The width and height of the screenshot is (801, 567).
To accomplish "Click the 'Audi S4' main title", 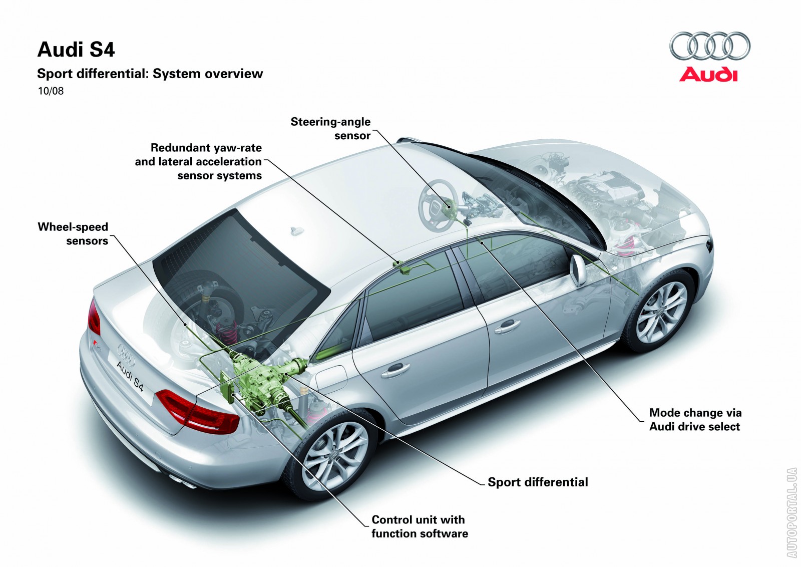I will pos(76,50).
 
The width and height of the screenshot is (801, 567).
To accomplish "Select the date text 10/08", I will pos(51,91).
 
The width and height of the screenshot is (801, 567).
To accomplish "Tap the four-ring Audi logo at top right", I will pos(709,46).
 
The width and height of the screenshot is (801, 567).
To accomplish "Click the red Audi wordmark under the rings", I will pos(708,75).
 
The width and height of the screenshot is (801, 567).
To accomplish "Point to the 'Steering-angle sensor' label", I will pos(331,129).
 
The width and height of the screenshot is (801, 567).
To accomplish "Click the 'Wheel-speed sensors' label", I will pos(73,234).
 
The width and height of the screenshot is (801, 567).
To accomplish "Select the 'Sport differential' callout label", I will pos(538,482).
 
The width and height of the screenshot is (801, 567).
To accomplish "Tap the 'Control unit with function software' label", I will pos(420,526).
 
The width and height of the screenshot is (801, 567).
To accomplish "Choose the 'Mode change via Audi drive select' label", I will pos(695,420).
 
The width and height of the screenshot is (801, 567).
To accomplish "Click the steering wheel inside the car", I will pos(438,205).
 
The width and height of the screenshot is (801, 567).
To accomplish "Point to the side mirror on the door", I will pos(578,270).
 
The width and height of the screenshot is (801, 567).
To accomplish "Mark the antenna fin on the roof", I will pos(297,231).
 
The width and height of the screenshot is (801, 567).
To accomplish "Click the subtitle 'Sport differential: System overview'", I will pos(150,74).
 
